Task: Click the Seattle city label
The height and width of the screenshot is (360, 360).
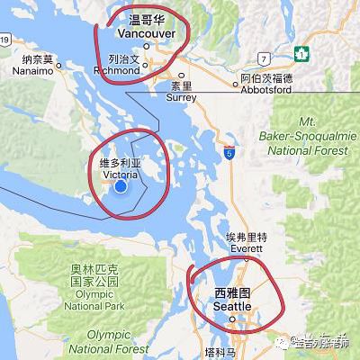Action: tap(232, 306)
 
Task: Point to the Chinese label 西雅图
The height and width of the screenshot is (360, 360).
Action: tap(233, 292)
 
